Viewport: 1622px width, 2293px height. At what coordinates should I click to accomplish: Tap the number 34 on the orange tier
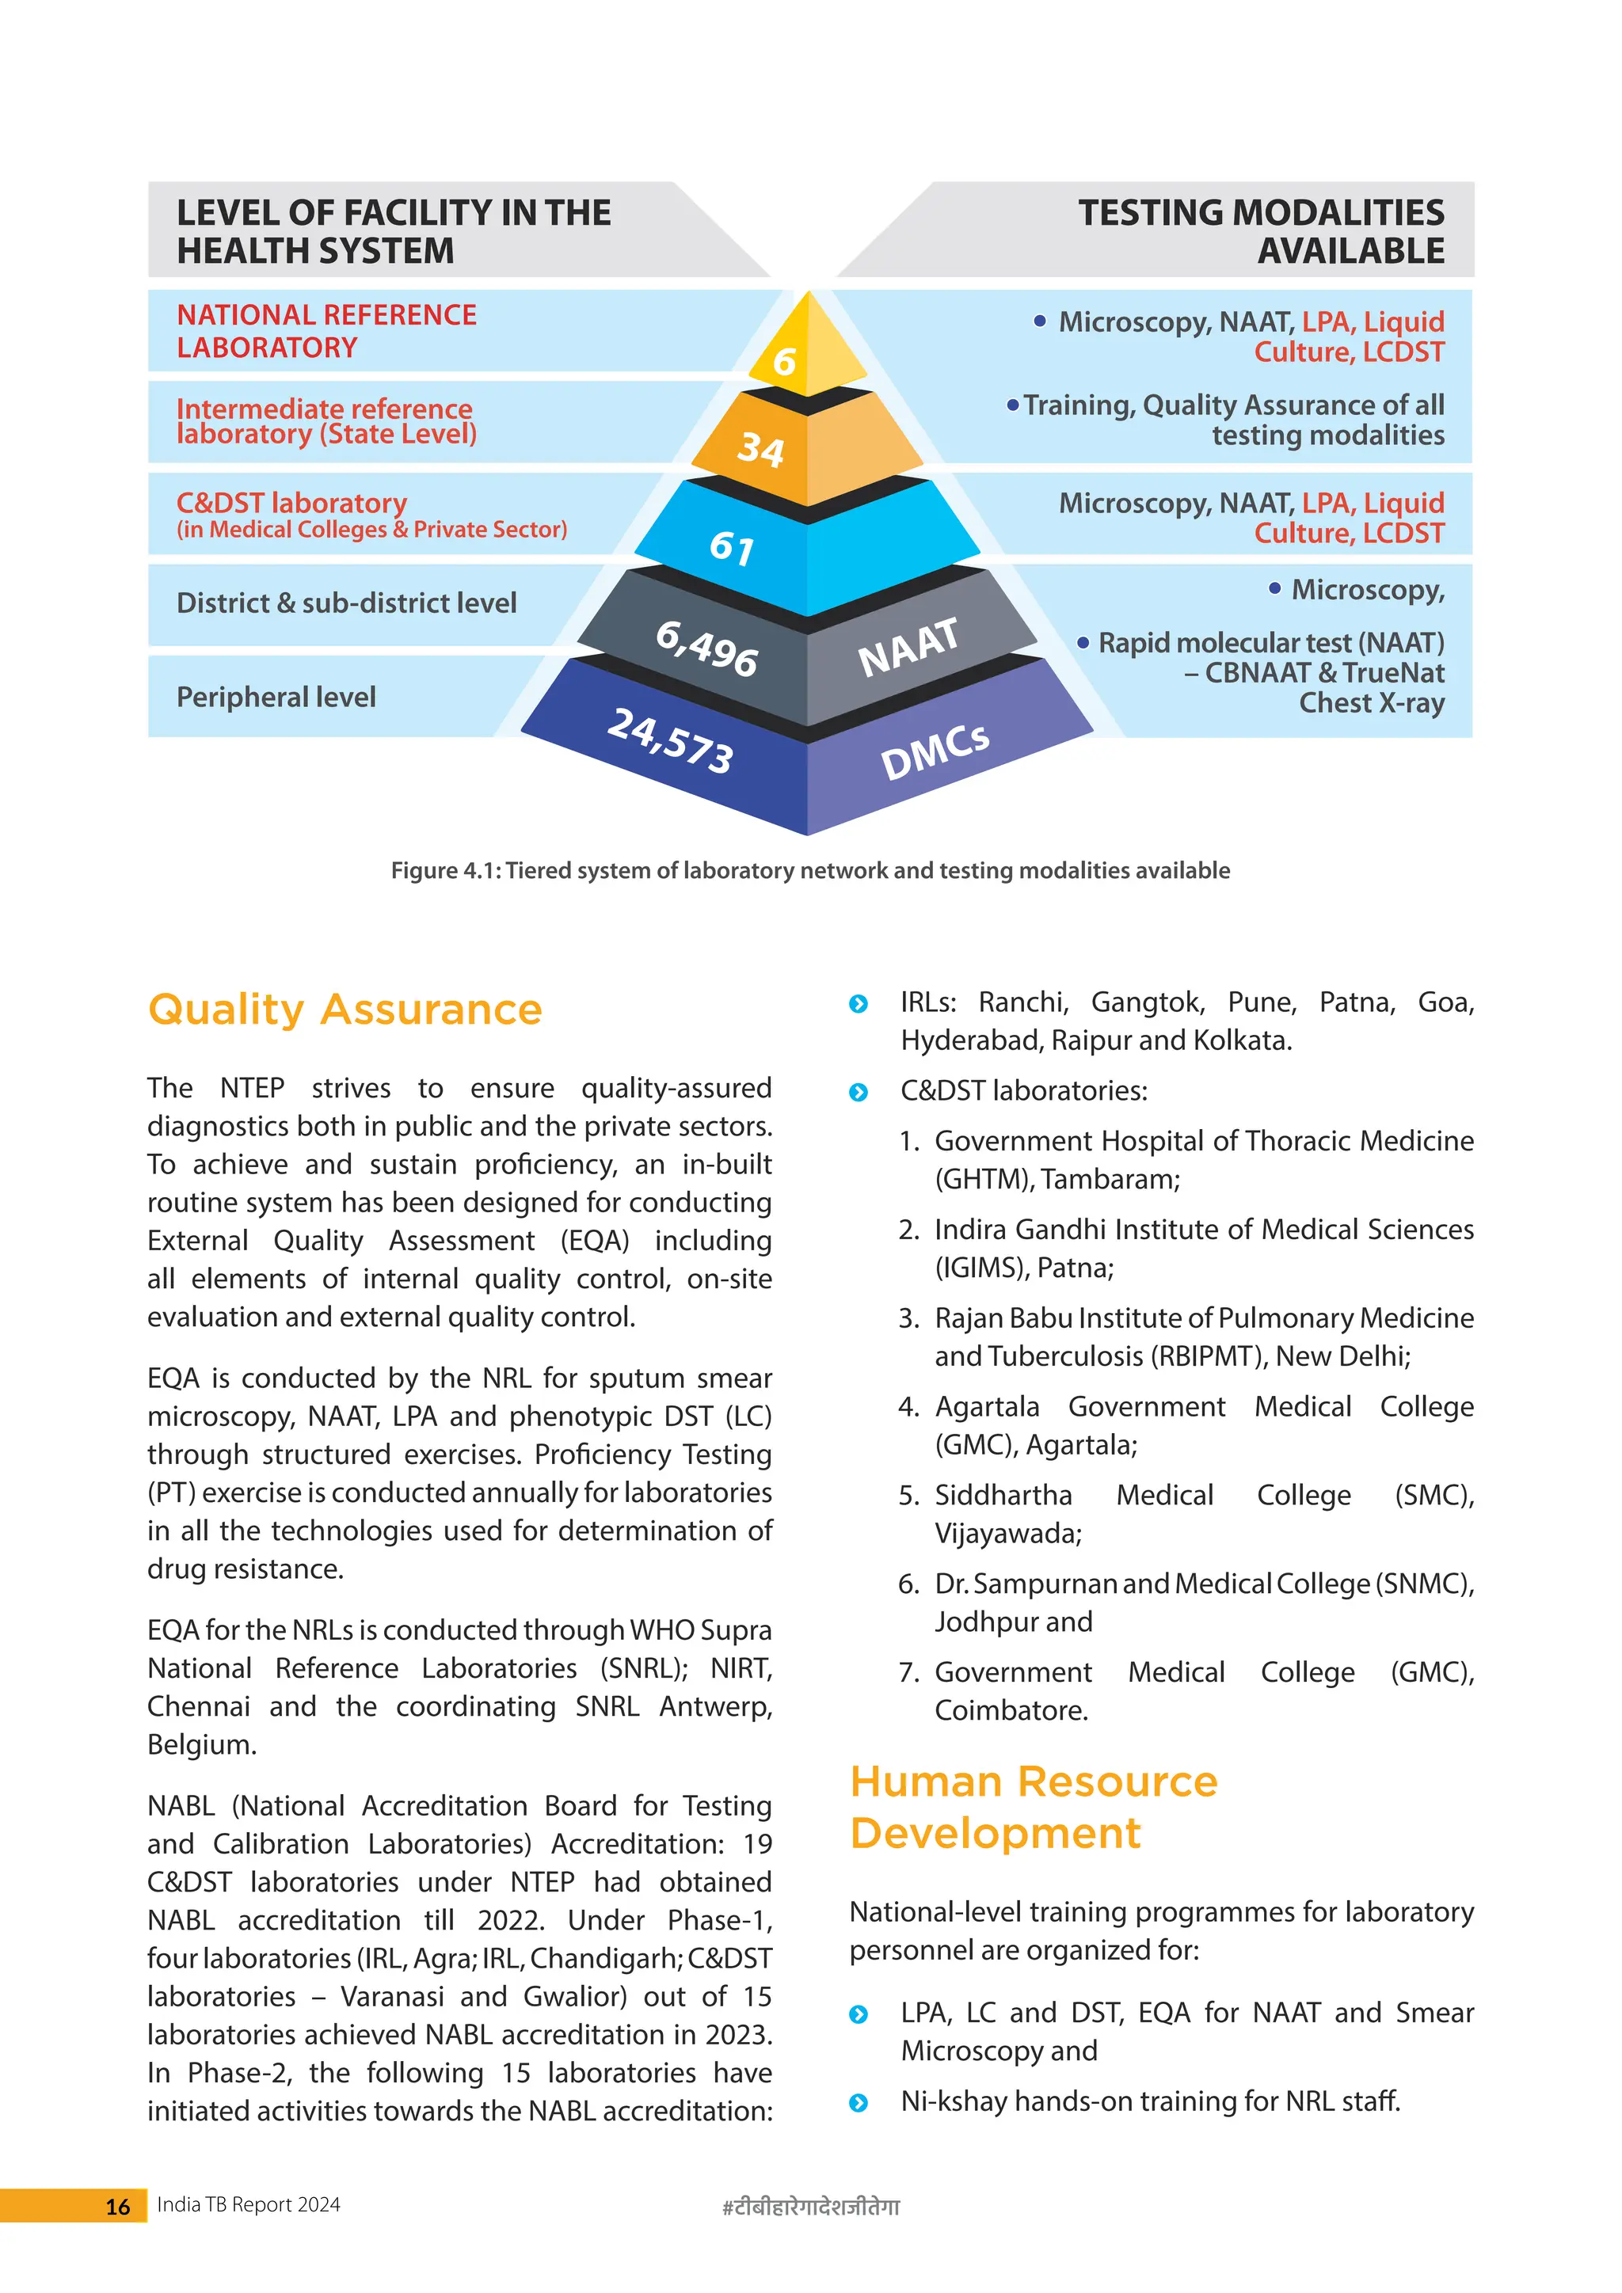tap(760, 450)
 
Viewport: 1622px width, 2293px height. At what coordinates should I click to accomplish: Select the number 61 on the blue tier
tap(732, 547)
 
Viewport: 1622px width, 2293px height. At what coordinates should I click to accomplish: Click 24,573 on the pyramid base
tap(671, 740)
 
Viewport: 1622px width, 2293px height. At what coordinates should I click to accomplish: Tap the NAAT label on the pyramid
tap(908, 647)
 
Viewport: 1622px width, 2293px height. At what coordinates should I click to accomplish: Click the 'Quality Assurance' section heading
tap(345, 1010)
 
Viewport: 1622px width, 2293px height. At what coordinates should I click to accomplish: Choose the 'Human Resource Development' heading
tap(1034, 1807)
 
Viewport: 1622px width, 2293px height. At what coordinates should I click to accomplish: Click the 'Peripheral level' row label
tap(276, 697)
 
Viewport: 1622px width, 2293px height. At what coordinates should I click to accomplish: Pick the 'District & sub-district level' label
tap(347, 603)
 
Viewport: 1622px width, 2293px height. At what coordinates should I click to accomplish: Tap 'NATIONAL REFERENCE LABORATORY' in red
tap(326, 330)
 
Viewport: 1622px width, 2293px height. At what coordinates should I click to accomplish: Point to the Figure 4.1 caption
tap(810, 871)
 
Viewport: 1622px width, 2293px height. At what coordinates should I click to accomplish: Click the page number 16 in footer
tap(118, 2206)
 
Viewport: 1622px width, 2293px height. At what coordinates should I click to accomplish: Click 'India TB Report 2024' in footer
tap(249, 2205)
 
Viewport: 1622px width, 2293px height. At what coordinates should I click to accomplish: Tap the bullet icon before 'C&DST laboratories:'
tap(858, 1093)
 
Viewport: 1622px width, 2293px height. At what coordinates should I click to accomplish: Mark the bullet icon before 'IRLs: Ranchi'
tap(858, 1004)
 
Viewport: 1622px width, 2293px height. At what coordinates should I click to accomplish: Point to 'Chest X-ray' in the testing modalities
tap(1370, 703)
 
